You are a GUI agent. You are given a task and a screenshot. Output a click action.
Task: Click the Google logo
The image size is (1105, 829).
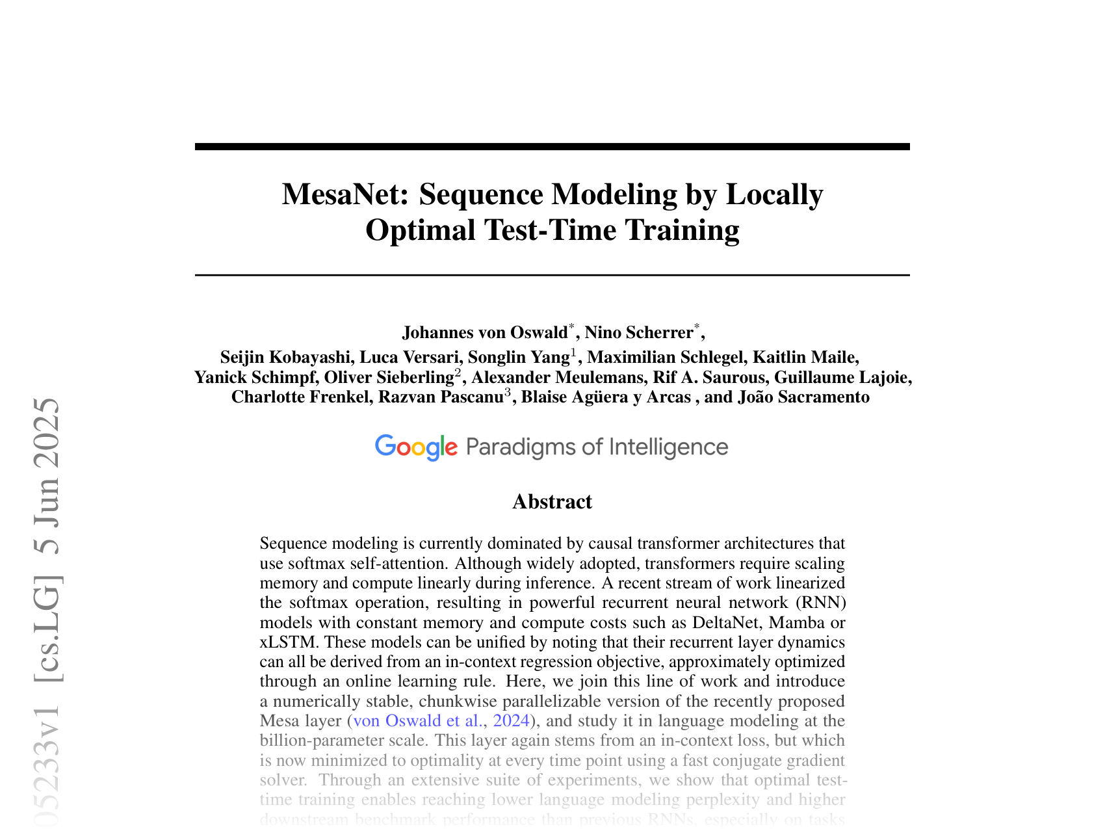[x=416, y=447]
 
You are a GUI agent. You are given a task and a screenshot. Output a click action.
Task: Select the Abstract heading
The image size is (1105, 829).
[x=552, y=501]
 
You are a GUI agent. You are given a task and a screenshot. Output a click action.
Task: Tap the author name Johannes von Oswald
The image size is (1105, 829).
[x=485, y=332]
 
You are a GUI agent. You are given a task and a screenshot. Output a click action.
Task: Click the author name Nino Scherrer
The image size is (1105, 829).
[x=639, y=332]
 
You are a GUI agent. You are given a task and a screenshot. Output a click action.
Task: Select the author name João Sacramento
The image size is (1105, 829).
[x=803, y=397]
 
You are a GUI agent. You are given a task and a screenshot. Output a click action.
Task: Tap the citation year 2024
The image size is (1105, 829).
[x=511, y=720]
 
